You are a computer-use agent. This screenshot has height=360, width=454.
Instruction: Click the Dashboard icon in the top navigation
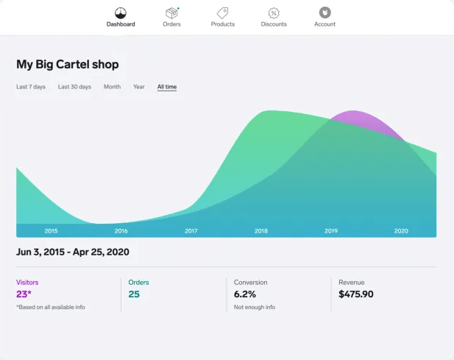pos(121,13)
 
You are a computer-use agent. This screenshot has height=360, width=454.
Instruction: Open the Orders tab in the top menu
pos(171,13)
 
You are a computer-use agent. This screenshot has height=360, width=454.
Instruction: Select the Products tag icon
pos(222,13)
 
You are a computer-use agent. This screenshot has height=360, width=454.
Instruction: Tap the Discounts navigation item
pos(274,13)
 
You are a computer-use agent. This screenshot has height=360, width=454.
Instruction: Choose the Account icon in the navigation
pos(324,13)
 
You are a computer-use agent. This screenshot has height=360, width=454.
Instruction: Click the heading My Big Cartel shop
pos(68,64)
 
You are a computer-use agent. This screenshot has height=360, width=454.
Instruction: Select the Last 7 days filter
pos(31,87)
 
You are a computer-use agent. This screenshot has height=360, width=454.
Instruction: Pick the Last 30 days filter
pos(74,87)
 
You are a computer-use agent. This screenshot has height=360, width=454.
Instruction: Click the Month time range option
pos(112,87)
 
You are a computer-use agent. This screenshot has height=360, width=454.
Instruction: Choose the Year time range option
pos(138,87)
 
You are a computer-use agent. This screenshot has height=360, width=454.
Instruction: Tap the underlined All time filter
pos(167,87)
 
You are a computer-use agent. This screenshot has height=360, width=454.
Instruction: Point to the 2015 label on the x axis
pos(51,231)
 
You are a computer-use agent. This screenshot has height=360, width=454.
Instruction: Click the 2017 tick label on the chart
pos(191,231)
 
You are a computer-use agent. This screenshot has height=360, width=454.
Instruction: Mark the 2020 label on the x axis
pos(401,231)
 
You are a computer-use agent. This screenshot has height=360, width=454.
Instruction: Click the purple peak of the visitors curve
pos(355,115)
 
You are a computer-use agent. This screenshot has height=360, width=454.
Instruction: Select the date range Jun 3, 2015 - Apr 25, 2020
pos(73,252)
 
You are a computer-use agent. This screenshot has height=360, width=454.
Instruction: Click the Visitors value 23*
pos(24,294)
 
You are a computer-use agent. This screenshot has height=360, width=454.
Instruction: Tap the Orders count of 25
pos(134,294)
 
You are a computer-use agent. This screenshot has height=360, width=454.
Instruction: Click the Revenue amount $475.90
pos(356,294)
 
